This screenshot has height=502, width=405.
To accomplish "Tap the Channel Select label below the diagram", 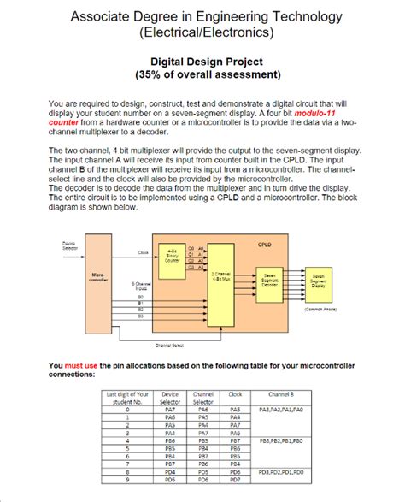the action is point(167,345).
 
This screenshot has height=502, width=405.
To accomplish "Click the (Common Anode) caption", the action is point(319,310).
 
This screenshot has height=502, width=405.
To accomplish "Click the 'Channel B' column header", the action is point(280,395).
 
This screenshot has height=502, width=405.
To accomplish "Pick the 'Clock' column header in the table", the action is point(236,395).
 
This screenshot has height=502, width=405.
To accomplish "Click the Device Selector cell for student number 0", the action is point(170,410).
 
